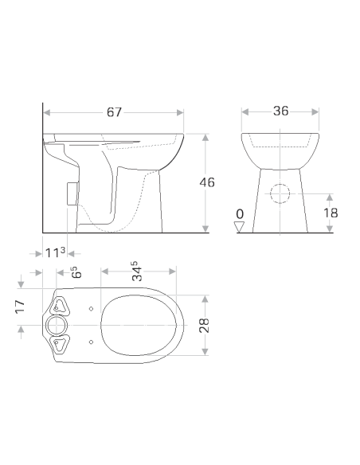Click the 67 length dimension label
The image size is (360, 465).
(x=115, y=112)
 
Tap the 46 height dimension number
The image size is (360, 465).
(x=206, y=183)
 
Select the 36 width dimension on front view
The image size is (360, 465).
(x=280, y=111)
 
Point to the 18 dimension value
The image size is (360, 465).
(x=331, y=213)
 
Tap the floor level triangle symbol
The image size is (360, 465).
(x=239, y=227)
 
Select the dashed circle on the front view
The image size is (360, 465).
(x=280, y=194)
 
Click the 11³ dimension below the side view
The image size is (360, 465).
(x=56, y=252)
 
